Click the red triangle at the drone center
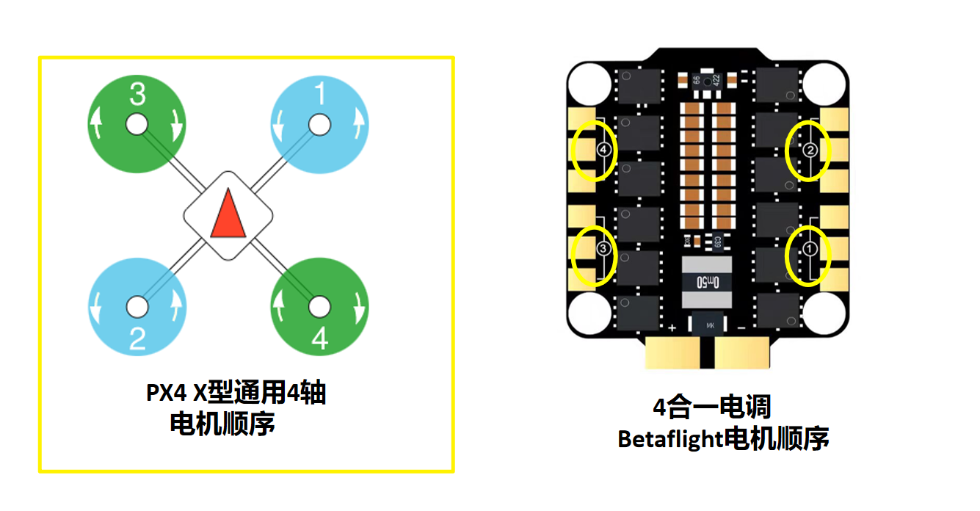pyautogui.click(x=228, y=214)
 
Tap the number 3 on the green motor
pyautogui.click(x=137, y=94)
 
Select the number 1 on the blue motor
pyautogui.click(x=320, y=93)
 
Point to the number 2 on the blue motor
pyautogui.click(x=137, y=338)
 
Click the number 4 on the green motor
pyautogui.click(x=320, y=338)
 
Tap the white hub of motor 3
pyautogui.click(x=137, y=125)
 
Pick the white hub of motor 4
pyautogui.click(x=319, y=307)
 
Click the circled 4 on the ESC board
pyautogui.click(x=603, y=150)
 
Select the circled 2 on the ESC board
pyautogui.click(x=810, y=150)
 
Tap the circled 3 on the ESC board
pyautogui.click(x=603, y=248)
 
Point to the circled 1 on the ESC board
pyautogui.click(x=810, y=249)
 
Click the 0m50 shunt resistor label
pyautogui.click(x=708, y=282)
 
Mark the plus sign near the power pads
pyautogui.click(x=672, y=327)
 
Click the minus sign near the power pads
pyautogui.click(x=741, y=327)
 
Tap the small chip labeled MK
pyautogui.click(x=710, y=325)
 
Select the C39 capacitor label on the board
pyautogui.click(x=717, y=242)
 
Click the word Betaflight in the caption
pyautogui.click(x=669, y=439)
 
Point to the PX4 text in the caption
pyautogui.click(x=166, y=393)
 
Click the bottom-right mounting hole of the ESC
pyautogui.click(x=824, y=314)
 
